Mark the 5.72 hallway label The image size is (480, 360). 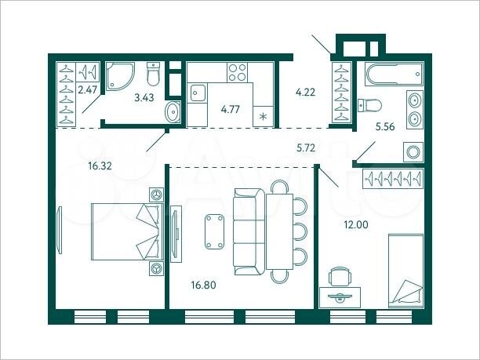click(x=309, y=147)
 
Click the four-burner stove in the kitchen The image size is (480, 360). click(x=237, y=73)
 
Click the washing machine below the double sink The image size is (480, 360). click(x=412, y=151)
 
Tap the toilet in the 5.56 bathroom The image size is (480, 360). click(x=369, y=105)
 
